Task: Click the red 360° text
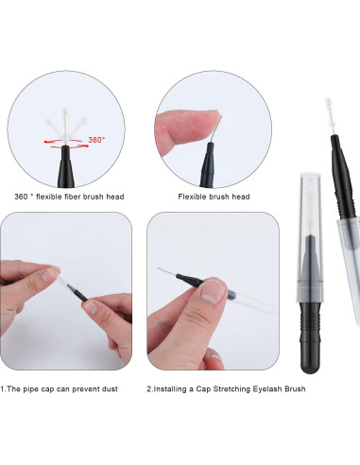point(95,139)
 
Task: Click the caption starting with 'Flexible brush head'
point(214,196)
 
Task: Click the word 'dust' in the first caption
point(109,388)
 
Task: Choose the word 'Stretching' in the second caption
point(222,388)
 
